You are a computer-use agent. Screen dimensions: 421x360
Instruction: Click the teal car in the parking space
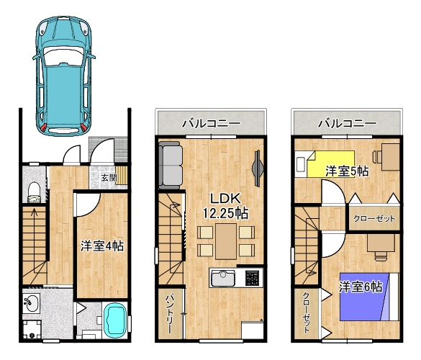coord(64,76)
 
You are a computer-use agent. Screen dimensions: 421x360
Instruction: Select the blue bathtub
coord(116,320)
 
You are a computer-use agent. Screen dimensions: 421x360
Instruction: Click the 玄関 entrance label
coord(109,178)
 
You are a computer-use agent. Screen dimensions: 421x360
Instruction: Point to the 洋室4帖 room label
coord(102,246)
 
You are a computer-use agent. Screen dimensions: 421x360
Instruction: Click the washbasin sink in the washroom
coord(31,303)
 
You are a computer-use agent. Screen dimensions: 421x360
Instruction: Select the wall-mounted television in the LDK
coord(257,168)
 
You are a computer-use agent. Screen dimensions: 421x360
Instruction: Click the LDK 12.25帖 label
coord(225,206)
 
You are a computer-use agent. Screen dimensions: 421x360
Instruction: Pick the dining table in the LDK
coord(226,241)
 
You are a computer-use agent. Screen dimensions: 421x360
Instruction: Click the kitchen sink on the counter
coord(223,278)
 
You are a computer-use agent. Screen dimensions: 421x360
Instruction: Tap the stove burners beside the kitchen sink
coord(253,278)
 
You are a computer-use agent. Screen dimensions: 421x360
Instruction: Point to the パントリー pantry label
coord(170,314)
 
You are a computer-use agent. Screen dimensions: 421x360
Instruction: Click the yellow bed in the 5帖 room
coord(330,164)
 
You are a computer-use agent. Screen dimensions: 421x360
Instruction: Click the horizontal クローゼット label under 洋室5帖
coord(374,218)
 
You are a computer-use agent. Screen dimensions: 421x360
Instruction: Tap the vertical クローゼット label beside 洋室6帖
coord(307,312)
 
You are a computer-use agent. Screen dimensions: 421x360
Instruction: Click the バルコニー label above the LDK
coord(212,124)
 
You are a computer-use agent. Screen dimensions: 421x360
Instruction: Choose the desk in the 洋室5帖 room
coord(391,157)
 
